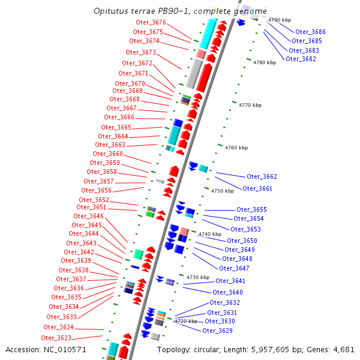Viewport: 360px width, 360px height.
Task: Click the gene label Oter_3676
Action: (x=149, y=22)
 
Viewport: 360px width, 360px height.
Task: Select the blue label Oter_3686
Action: (x=310, y=32)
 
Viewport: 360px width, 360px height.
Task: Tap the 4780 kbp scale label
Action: (x=264, y=62)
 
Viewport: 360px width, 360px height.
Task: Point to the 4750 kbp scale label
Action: (x=222, y=191)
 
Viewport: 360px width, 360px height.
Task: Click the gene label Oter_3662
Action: (x=262, y=176)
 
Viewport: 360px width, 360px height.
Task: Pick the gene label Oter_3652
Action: (x=94, y=200)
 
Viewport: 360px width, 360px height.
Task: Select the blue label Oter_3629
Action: (x=217, y=331)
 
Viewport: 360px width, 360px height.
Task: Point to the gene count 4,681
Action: (x=343, y=349)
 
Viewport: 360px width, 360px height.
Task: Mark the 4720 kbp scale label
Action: (x=185, y=321)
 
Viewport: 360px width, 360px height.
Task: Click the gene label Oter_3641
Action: (x=230, y=281)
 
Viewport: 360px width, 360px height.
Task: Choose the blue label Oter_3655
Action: (x=251, y=209)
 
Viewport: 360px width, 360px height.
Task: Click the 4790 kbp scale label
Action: (x=279, y=20)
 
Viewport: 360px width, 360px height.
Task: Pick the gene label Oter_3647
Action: (x=234, y=268)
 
